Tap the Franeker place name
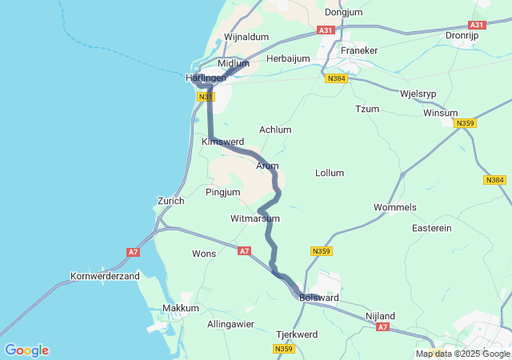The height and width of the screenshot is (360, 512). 358,50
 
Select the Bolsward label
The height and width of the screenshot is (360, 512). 319,298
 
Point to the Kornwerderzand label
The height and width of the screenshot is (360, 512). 106,276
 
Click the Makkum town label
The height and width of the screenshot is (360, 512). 180,308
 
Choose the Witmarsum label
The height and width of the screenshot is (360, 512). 254,218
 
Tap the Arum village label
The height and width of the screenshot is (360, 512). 267,166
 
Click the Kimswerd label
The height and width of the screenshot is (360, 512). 222,142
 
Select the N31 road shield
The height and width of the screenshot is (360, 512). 206,97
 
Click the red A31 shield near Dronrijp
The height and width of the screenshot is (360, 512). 478,26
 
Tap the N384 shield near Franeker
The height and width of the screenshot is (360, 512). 336,78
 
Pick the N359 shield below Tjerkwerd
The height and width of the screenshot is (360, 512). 283,350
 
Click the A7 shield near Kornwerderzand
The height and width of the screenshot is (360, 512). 133,252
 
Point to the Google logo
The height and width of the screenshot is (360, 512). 26,350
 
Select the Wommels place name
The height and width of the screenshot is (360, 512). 395,207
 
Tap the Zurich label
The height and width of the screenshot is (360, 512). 171,201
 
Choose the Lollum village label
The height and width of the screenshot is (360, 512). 330,173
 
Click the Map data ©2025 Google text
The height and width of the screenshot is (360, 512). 462,354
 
